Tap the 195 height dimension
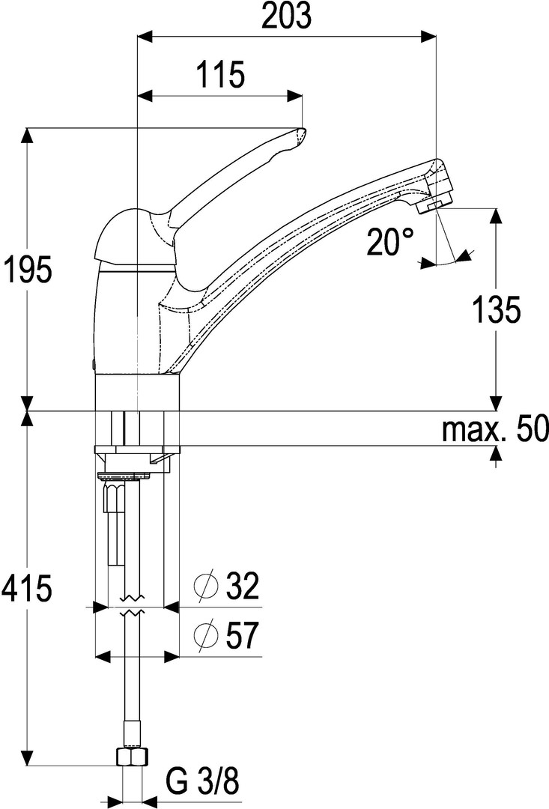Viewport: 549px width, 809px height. pos(27,269)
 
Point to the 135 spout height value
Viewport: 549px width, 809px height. pos(497,309)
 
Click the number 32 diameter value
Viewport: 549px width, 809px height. pos(241,586)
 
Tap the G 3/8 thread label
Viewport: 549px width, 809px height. pos(203,781)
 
